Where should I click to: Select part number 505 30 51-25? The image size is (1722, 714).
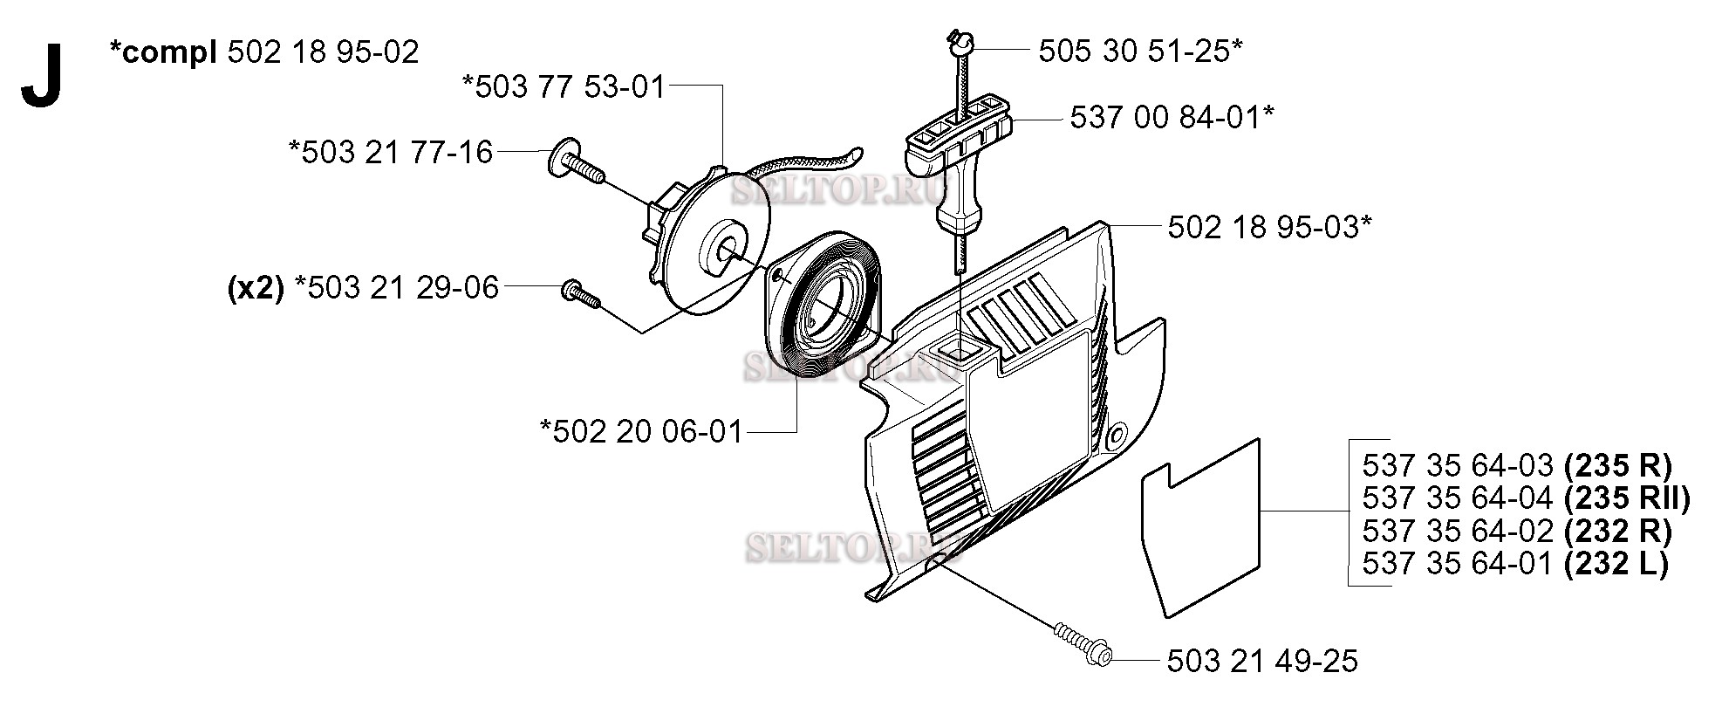(1139, 51)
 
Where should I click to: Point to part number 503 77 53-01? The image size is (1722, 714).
(564, 87)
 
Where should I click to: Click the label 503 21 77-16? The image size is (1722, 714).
(391, 152)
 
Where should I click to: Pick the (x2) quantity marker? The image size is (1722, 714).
(255, 288)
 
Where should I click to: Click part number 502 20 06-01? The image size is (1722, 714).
(641, 431)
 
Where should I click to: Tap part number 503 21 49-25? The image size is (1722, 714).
(1262, 662)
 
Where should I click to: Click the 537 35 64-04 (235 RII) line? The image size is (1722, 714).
(1526, 498)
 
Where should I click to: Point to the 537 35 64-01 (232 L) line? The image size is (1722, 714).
(1514, 563)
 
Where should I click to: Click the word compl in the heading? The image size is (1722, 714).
(163, 51)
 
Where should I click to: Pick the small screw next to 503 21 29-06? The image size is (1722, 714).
(580, 292)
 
